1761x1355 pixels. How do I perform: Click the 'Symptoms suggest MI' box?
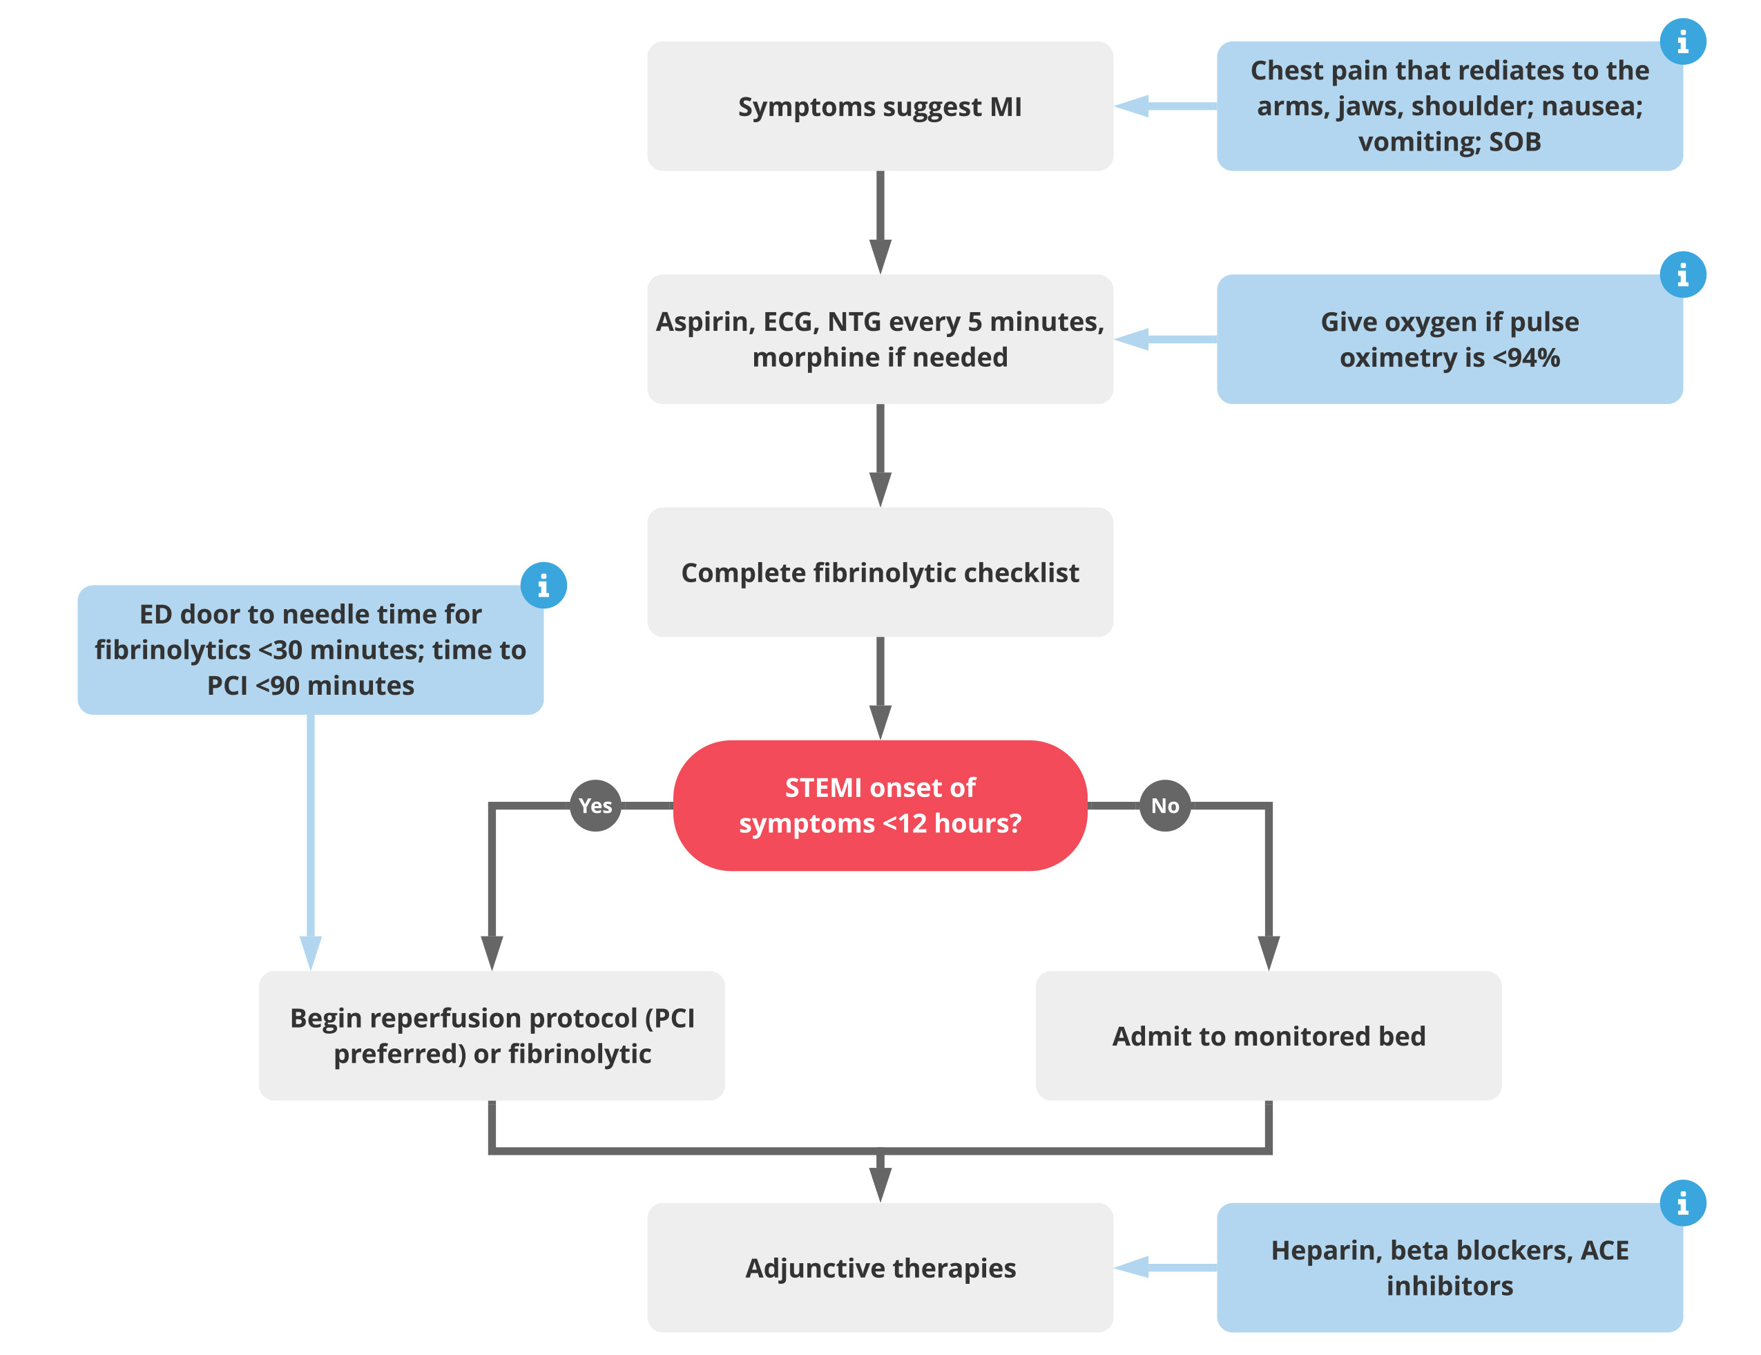880,106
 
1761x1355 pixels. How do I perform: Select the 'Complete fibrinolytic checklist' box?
880,572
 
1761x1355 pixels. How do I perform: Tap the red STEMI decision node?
880,805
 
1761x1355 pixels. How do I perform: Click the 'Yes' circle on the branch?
595,805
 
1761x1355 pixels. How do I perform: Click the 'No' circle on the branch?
1165,805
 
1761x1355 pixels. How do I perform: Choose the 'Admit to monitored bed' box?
1269,1036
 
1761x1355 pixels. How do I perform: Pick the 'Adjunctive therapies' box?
880,1268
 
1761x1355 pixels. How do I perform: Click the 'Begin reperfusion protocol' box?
492,1036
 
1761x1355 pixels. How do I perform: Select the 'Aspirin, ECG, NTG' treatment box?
880,338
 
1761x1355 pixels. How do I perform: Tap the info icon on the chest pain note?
1683,41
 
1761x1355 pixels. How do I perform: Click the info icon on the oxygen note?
1683,274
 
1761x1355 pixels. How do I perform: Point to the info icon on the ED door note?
543,585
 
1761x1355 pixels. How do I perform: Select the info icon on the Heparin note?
1683,1203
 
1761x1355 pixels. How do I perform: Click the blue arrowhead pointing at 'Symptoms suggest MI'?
1131,106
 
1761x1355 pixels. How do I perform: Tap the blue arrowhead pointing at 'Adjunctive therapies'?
1131,1268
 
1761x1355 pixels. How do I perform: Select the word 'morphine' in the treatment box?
809,357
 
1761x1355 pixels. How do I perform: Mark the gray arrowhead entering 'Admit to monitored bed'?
1269,953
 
